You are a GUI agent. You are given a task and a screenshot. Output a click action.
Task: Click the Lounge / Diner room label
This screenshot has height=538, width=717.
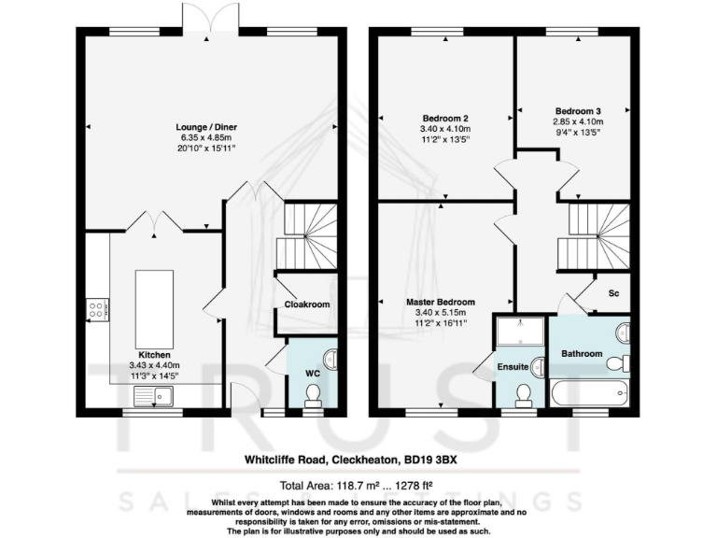point(208,127)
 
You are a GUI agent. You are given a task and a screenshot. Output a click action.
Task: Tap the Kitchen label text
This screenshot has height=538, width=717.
point(154,355)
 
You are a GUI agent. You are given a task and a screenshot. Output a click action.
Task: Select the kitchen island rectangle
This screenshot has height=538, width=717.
point(155,308)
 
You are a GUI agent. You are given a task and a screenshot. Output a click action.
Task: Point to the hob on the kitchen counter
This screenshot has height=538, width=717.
point(97,309)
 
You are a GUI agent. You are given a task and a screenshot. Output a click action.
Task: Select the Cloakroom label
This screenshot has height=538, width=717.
point(307,304)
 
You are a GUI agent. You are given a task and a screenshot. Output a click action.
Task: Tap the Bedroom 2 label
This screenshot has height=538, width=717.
point(445,119)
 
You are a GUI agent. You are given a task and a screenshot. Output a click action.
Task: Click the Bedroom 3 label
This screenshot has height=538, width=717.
point(577,108)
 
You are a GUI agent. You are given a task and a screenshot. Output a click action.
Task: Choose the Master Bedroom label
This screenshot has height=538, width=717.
point(441,303)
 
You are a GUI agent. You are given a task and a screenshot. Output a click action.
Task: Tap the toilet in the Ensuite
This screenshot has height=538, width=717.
point(525,394)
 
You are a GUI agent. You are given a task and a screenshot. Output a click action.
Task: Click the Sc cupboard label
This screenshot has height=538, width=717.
point(613,293)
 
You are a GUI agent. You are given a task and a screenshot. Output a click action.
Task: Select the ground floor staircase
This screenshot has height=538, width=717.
point(308,237)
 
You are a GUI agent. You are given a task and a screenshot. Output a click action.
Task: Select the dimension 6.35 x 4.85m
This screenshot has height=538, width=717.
point(208,137)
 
